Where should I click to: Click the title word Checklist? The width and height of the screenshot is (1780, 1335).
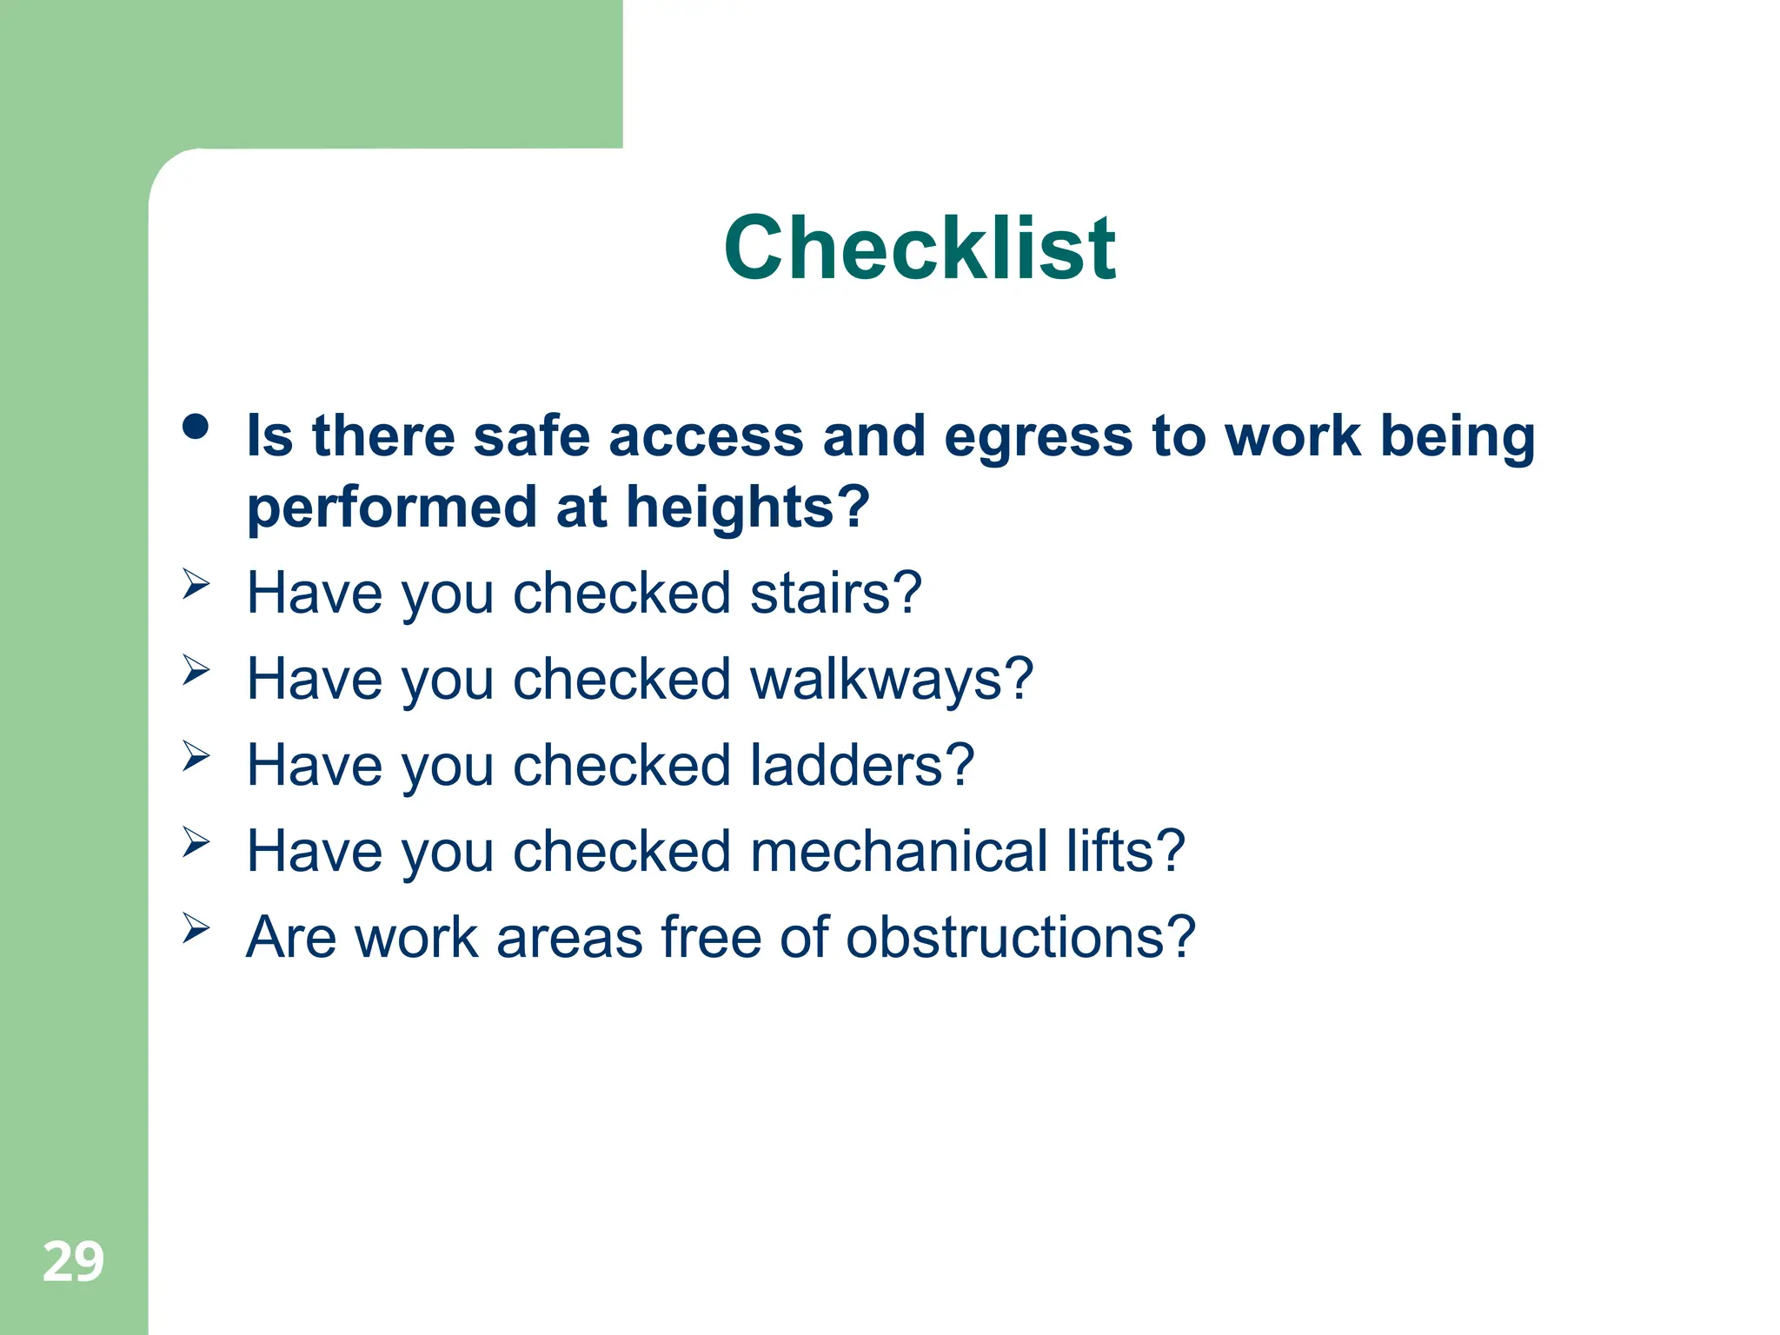(x=919, y=249)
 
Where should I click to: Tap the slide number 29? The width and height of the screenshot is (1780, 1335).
(x=73, y=1261)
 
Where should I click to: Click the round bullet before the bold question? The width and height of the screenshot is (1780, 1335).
(x=196, y=427)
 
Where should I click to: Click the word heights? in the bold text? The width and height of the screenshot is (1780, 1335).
(x=747, y=508)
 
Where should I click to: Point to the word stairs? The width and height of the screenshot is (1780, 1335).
(x=834, y=594)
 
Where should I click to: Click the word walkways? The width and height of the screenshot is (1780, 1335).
(x=891, y=680)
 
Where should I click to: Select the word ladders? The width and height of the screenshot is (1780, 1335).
(x=861, y=766)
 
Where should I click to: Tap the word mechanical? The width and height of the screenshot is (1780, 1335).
(x=899, y=851)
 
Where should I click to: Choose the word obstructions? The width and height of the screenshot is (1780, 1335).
(x=1020, y=938)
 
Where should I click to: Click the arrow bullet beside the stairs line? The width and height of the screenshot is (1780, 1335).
(x=196, y=583)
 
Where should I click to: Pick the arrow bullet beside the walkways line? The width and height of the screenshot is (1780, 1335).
(x=196, y=669)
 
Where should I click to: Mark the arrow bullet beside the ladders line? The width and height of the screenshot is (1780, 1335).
(x=196, y=755)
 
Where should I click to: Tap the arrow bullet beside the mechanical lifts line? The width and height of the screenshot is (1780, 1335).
(x=196, y=841)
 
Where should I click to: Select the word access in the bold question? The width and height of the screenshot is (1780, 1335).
(x=706, y=437)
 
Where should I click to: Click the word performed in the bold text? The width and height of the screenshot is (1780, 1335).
(x=392, y=508)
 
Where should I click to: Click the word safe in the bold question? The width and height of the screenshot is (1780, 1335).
(x=531, y=437)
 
